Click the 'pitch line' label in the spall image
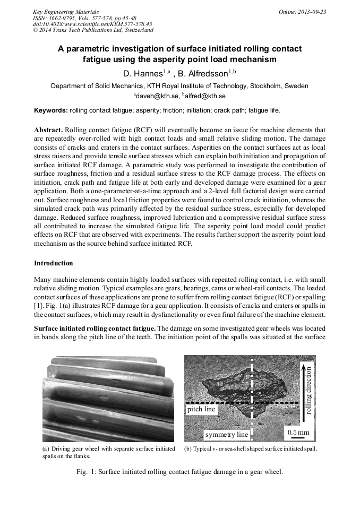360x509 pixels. [202, 409]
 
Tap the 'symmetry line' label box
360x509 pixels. [227, 435]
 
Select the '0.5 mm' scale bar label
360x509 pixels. [298, 433]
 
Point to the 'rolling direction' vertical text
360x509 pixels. [308, 390]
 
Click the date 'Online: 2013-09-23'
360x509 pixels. [303, 12]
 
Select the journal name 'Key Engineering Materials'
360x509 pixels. [65, 12]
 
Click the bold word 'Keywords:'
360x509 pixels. [51, 110]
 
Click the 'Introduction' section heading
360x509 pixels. [54, 263]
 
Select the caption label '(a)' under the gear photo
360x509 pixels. [46, 449]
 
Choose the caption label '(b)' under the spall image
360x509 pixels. [188, 449]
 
